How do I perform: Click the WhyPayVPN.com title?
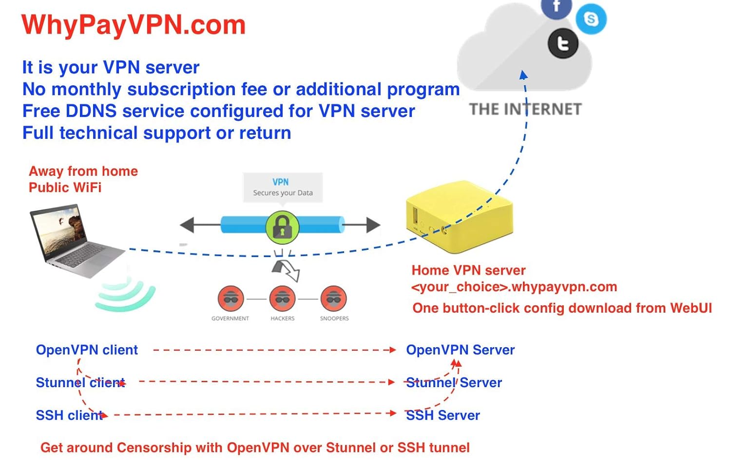click(134, 25)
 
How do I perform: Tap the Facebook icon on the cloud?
click(556, 7)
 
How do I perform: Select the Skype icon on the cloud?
click(591, 19)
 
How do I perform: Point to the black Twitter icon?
click(563, 44)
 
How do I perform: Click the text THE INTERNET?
click(525, 109)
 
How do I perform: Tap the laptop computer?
click(76, 241)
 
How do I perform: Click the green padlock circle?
click(282, 227)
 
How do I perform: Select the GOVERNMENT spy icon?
click(231, 298)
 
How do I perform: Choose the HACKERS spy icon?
click(282, 298)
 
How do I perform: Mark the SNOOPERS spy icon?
click(334, 298)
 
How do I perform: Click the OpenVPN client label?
click(87, 350)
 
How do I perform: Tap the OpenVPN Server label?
click(460, 350)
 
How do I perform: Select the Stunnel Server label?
click(454, 383)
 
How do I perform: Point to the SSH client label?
click(69, 415)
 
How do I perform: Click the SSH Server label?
click(442, 415)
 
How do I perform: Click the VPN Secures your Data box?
click(283, 187)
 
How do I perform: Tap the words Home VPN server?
click(468, 270)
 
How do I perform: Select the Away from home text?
click(83, 171)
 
